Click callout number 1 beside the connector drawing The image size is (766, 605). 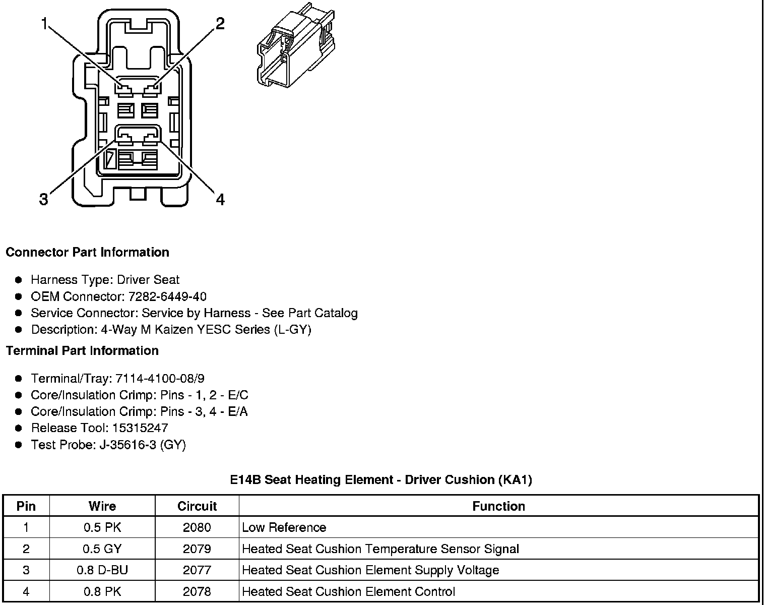click(x=45, y=24)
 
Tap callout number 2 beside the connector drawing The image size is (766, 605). click(x=220, y=24)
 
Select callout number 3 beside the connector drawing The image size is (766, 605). click(x=44, y=200)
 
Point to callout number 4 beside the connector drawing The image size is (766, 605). click(x=220, y=200)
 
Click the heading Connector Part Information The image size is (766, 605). click(x=87, y=252)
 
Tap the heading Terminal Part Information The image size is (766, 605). click(x=82, y=350)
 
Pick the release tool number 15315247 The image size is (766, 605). click(x=140, y=428)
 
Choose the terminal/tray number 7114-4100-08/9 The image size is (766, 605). click(x=160, y=379)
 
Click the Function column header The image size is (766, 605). click(x=498, y=506)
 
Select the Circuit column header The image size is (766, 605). click(x=197, y=506)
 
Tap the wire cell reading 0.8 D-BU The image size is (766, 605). click(x=102, y=570)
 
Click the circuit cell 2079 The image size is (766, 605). click(x=197, y=549)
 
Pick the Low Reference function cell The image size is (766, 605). click(x=284, y=528)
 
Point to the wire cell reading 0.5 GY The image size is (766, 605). click(x=102, y=549)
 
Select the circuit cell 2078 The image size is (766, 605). click(x=197, y=591)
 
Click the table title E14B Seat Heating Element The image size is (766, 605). click(x=380, y=479)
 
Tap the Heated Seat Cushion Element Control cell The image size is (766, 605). click(x=349, y=591)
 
